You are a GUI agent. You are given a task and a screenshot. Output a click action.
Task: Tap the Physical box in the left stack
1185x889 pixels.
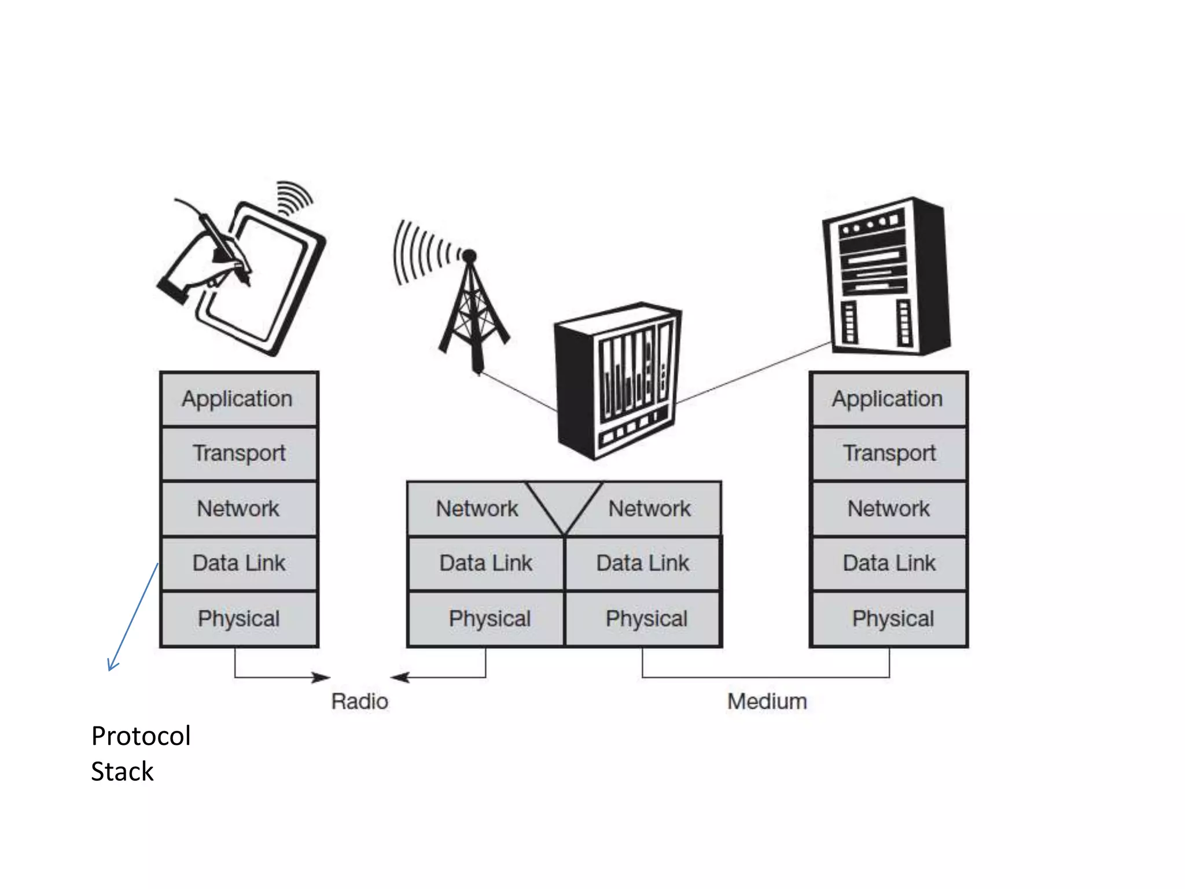[239, 619]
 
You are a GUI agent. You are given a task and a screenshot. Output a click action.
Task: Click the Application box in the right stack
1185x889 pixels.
[888, 399]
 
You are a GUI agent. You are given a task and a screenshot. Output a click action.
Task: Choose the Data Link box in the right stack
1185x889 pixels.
[888, 563]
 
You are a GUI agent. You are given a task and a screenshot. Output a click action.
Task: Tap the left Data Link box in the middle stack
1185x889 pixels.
[485, 563]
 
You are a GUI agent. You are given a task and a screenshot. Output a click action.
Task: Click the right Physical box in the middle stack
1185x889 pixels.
[646, 619]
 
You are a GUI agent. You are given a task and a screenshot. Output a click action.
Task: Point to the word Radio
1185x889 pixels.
[359, 701]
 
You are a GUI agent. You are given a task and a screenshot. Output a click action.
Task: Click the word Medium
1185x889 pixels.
[767, 701]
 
